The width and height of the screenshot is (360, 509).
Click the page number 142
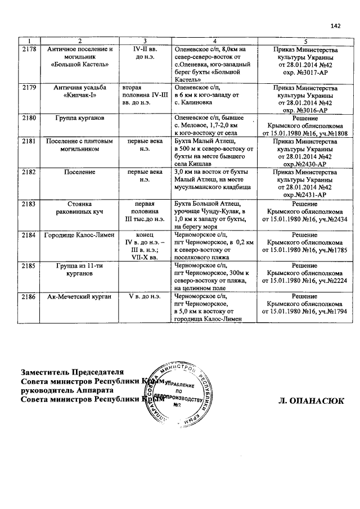click(x=335, y=26)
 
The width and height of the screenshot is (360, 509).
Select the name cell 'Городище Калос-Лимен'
click(x=80, y=234)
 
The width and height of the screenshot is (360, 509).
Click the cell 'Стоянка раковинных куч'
click(x=80, y=208)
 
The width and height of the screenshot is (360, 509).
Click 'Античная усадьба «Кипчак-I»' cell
click(x=80, y=92)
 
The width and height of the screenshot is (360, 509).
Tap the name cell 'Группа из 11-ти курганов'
click(x=80, y=269)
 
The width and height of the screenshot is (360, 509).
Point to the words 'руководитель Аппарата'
click(x=67, y=390)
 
